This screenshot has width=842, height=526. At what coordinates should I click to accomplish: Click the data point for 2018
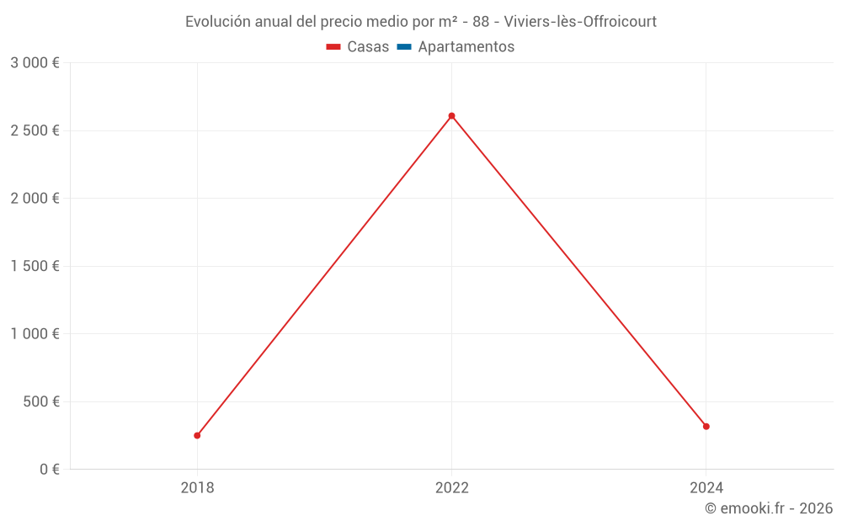coord(197,435)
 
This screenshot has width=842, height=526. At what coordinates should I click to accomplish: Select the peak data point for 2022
coord(451,115)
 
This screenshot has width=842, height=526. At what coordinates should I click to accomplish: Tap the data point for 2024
coord(706,427)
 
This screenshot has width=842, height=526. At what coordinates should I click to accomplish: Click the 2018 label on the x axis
coord(197,487)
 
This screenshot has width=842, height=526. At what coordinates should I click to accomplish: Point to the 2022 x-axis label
coord(451,487)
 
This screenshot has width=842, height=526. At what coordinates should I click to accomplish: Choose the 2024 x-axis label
coord(706,487)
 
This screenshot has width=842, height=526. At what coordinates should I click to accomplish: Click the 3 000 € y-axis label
coord(35,63)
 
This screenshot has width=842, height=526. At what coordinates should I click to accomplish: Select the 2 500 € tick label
coord(35,130)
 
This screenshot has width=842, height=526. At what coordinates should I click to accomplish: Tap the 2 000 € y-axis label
coord(35,199)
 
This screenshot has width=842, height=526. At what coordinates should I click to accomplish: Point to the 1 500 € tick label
coord(35,266)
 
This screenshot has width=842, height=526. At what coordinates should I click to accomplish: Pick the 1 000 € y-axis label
coord(35,334)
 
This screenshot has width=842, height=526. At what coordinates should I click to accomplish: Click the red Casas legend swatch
coord(333,47)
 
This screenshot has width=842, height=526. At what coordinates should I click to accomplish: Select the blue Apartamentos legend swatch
coord(403,47)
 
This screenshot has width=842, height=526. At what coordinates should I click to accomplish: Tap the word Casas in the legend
coord(368,47)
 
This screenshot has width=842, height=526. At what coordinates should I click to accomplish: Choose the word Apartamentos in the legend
coord(466,47)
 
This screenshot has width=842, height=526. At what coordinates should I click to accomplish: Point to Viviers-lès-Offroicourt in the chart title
coord(580,22)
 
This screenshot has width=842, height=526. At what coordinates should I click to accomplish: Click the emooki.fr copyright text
coord(769,508)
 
